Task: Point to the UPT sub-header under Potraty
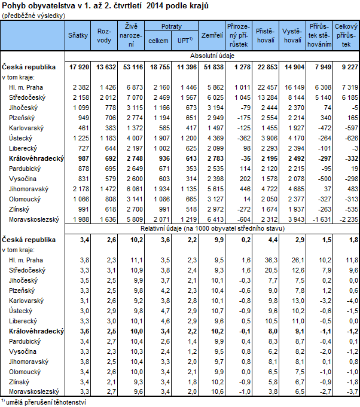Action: (x=184, y=41)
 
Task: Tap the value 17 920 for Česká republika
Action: (x=81, y=66)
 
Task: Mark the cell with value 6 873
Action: (x=133, y=87)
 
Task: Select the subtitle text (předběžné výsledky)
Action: (x=33, y=15)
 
